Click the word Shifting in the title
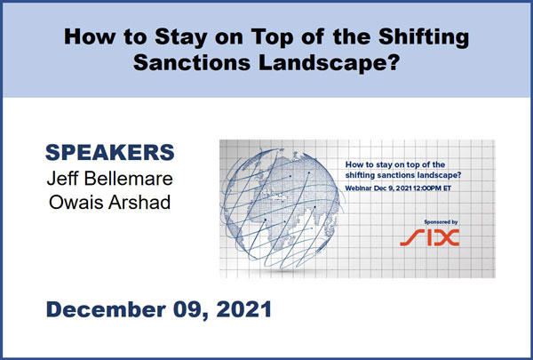pyautogui.click(x=424, y=37)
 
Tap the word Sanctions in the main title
pyautogui.click(x=192, y=62)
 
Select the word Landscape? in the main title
pyautogui.click(x=329, y=63)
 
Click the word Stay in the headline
pyautogui.click(x=181, y=37)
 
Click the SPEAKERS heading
pyautogui.click(x=110, y=152)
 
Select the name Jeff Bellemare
pyautogui.click(x=110, y=179)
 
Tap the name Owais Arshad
pyautogui.click(x=110, y=202)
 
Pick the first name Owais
pyautogui.click(x=76, y=202)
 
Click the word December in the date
pyautogui.click(x=106, y=309)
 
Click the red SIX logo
pyautogui.click(x=430, y=237)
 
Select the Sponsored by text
pyautogui.click(x=441, y=222)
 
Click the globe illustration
pyautogui.click(x=281, y=208)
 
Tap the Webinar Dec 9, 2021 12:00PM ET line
pyautogui.click(x=398, y=188)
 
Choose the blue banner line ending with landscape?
pyautogui.click(x=403, y=175)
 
